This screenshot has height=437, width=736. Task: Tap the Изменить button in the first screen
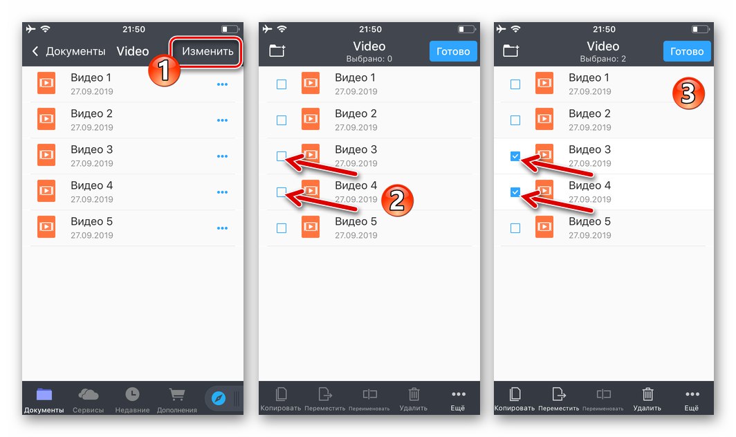point(207,51)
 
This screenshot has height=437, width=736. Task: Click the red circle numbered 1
point(164,71)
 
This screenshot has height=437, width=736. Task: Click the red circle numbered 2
point(397,200)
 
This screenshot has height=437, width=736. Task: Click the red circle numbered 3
point(688,93)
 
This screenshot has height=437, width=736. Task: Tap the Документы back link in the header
point(68,51)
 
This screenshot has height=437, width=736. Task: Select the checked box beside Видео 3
point(515,156)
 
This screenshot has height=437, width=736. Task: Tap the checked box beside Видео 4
point(515,192)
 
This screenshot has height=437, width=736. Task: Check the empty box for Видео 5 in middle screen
point(281,228)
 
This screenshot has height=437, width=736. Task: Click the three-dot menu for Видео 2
point(222,120)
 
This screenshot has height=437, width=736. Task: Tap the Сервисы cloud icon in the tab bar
point(89,394)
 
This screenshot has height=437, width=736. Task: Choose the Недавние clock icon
point(132,394)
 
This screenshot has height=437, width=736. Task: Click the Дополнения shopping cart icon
point(177,394)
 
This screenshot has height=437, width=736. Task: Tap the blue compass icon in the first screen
point(219,398)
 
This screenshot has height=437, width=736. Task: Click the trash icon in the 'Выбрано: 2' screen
point(647,394)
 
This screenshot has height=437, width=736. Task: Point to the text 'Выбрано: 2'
point(602,59)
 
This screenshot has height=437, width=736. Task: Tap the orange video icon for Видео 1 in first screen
point(46,83)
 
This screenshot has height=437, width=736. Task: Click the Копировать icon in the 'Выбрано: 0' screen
point(281,394)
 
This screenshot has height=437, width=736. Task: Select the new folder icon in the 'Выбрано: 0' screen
point(277,50)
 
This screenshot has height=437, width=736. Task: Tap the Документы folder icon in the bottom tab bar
point(44,394)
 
